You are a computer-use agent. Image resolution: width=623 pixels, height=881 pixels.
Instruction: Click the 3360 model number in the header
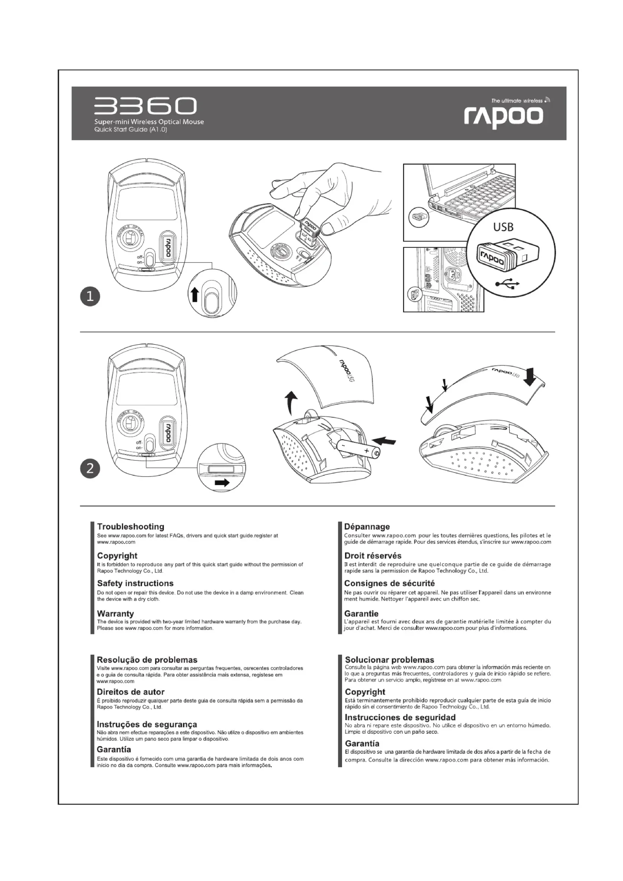tap(145, 106)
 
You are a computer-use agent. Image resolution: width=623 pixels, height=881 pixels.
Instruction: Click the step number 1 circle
tap(90, 296)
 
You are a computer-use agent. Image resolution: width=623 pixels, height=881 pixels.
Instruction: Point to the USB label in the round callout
tap(503, 228)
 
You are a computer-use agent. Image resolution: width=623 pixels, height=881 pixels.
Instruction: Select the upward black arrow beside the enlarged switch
tap(195, 295)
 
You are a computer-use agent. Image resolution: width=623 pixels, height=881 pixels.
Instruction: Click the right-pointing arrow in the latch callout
tap(222, 483)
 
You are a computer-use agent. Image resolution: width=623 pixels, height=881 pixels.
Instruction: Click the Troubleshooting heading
tap(130, 527)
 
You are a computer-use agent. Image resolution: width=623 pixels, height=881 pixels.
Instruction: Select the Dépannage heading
tap(367, 527)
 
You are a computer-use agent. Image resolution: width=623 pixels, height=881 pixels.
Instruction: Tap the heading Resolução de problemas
tap(147, 660)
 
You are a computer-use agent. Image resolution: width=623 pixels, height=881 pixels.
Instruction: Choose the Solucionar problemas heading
tap(389, 660)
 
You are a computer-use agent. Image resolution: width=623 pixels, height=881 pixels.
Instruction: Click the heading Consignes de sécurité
tap(389, 583)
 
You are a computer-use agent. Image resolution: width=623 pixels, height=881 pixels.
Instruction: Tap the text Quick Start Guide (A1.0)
tap(131, 129)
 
